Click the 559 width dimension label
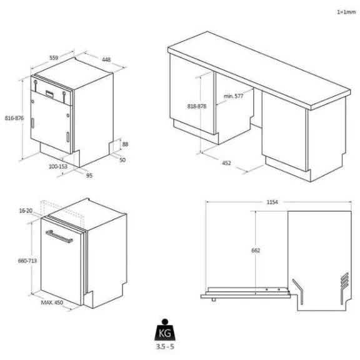click(54, 57)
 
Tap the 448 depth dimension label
click(106, 60)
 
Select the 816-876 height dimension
click(14, 118)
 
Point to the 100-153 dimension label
click(58, 166)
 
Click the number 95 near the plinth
click(89, 176)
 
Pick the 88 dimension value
click(125, 144)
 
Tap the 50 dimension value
click(122, 160)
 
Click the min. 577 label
click(233, 96)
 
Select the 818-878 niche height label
click(197, 106)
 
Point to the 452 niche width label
click(226, 163)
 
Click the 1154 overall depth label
click(272, 202)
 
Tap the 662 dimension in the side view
click(256, 250)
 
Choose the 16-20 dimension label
click(26, 211)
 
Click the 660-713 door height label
click(27, 261)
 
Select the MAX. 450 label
click(52, 302)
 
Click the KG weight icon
click(165, 330)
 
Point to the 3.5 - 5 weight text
click(165, 346)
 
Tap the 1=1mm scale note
click(346, 12)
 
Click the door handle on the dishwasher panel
click(59, 236)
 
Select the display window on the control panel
click(50, 94)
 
